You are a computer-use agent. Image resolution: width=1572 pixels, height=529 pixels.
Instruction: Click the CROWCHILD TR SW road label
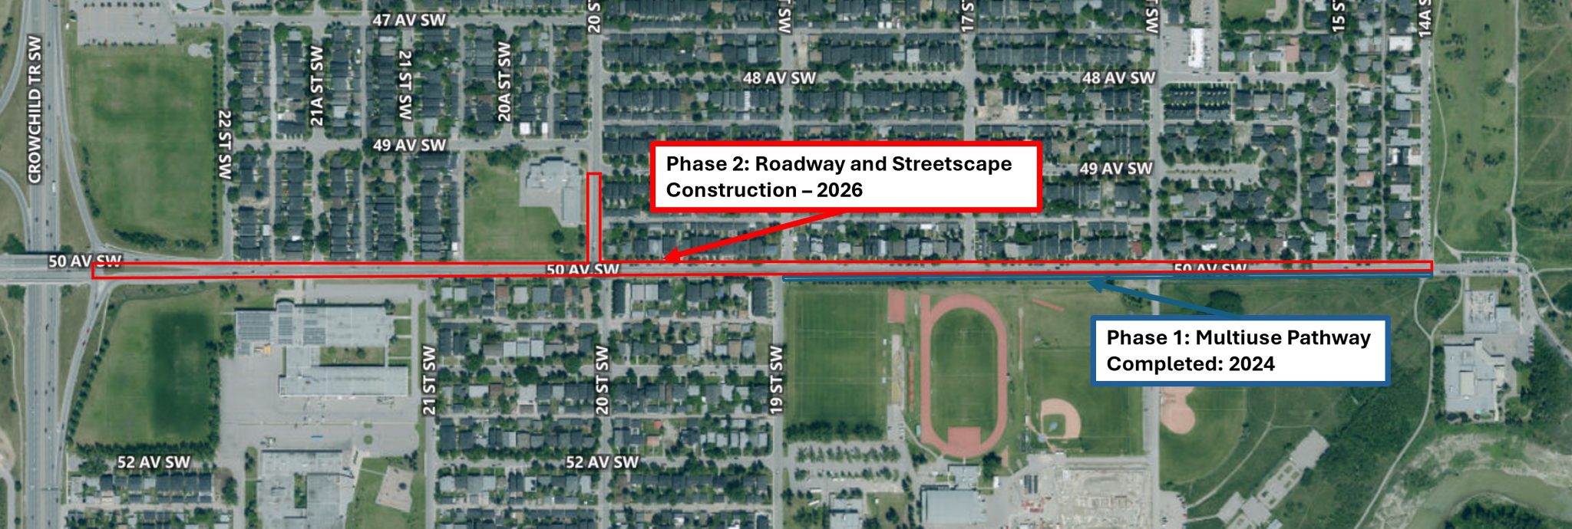point(35,109)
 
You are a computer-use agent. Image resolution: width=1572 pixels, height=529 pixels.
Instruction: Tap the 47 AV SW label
point(408,20)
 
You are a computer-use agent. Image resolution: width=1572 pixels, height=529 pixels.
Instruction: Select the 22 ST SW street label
point(225,145)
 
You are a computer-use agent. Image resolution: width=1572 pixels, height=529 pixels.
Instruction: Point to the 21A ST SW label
point(317,86)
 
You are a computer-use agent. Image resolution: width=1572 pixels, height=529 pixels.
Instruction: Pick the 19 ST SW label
point(776,380)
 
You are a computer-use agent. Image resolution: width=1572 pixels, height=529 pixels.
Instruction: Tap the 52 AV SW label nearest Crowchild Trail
point(154,462)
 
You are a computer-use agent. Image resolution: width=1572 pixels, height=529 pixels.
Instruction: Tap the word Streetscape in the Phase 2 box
point(952,164)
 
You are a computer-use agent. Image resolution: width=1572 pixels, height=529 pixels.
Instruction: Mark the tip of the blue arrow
point(1091,283)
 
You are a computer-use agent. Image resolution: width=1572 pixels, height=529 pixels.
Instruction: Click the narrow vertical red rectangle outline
point(593,219)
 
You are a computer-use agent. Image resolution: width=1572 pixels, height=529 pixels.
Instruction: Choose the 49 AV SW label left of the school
point(409,145)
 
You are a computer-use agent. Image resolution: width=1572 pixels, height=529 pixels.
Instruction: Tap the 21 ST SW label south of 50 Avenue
point(429,380)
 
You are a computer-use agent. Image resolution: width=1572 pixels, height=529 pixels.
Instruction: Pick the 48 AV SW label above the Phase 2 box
point(779,78)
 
